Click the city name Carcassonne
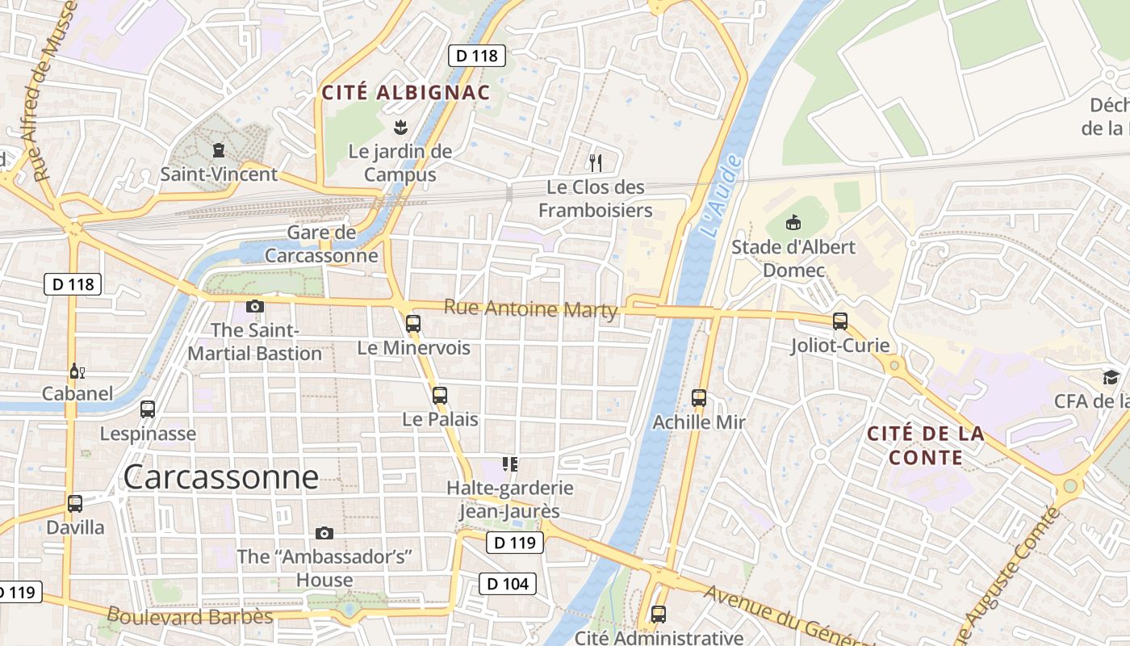(220, 477)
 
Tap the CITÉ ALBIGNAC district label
(406, 92)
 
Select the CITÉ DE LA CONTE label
(926, 446)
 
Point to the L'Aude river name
(721, 197)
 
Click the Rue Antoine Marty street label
(530, 308)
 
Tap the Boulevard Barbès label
(190, 616)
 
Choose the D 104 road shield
(508, 583)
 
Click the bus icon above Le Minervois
(413, 324)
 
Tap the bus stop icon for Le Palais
(440, 396)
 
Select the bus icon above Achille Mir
(699, 398)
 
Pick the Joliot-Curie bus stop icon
(840, 321)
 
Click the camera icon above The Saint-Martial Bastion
(255, 306)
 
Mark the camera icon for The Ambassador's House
(324, 533)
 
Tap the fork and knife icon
(596, 163)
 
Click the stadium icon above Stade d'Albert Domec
(793, 222)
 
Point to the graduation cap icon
(1111, 377)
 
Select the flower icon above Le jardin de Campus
(400, 127)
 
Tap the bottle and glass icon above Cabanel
(77, 371)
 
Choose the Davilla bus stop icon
(75, 504)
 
